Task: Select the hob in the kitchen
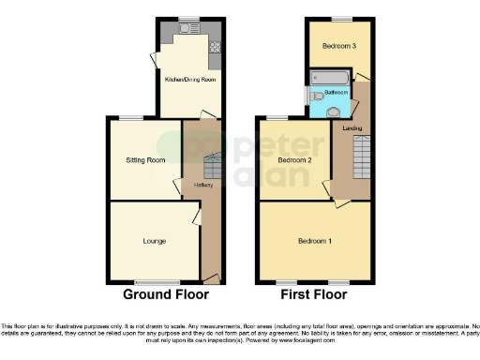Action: (215, 44)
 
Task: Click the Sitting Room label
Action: (145, 160)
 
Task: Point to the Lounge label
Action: (155, 241)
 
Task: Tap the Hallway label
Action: (204, 185)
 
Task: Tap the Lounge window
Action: (156, 282)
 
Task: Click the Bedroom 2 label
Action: (294, 160)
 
